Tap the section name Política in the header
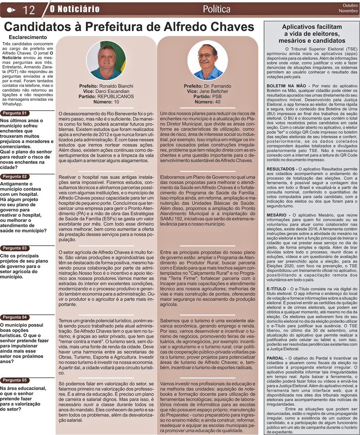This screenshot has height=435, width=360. click(x=217, y=9)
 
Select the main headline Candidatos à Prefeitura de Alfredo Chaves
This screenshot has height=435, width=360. click(x=129, y=27)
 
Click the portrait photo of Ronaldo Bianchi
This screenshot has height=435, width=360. click(x=106, y=60)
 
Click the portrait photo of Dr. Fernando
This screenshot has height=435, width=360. click(x=207, y=60)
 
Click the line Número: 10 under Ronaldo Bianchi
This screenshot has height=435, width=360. click(x=106, y=102)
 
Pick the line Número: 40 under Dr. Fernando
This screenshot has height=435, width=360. click(x=207, y=102)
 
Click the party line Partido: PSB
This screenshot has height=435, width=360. click(x=207, y=97)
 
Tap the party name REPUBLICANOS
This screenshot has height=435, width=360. click(x=116, y=97)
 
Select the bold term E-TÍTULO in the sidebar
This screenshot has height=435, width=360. click(x=276, y=289)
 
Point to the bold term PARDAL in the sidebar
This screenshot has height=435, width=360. click(x=276, y=358)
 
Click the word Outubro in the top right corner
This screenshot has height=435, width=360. click(x=348, y=5)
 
